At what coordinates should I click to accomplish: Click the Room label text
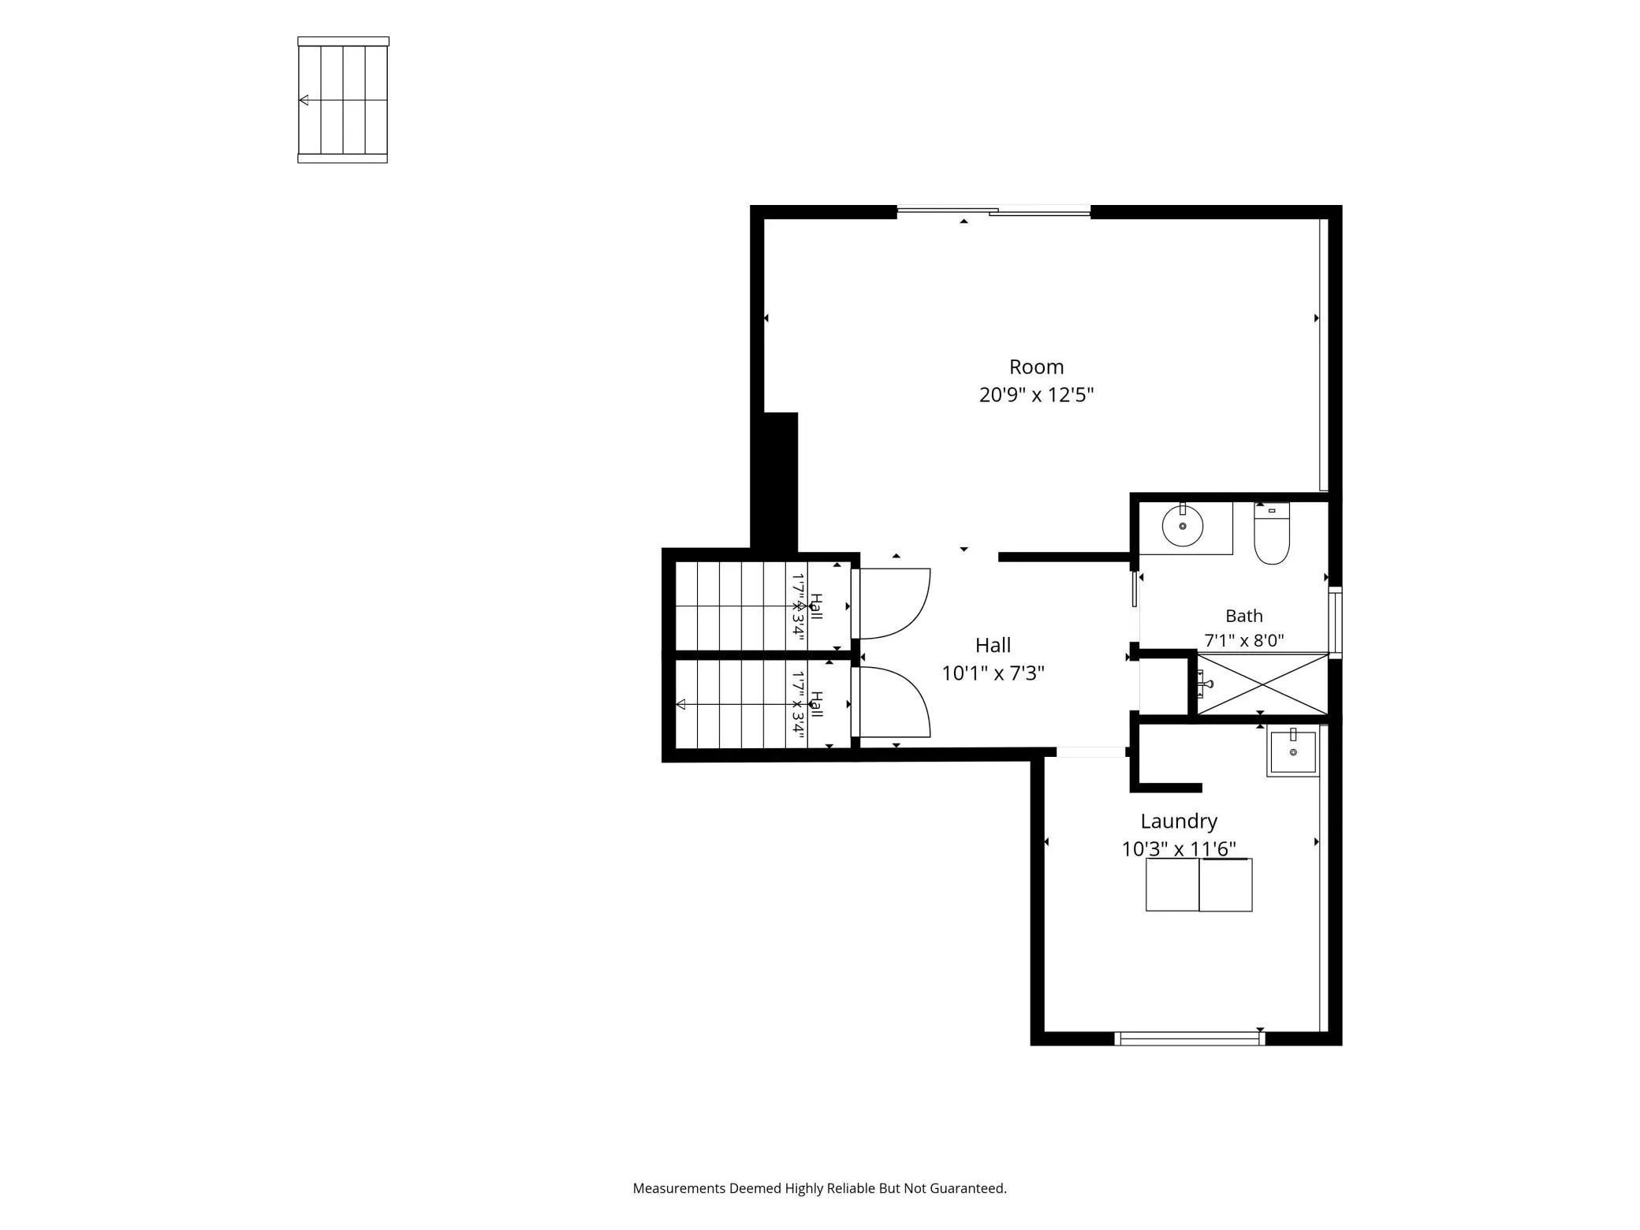tap(1036, 367)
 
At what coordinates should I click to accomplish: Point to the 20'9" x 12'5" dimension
tap(1036, 394)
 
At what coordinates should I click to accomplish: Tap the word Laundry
tap(1179, 822)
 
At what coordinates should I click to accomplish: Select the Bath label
tap(1243, 616)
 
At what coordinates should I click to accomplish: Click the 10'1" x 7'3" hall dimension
tap(993, 673)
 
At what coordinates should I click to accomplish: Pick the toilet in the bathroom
tap(1271, 534)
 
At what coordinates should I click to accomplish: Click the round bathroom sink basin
tap(1182, 525)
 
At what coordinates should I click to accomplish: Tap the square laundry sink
tap(1293, 752)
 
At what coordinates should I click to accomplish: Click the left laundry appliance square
tap(1172, 885)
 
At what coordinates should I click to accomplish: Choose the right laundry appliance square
tap(1225, 885)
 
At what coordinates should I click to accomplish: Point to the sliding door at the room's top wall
tap(993, 211)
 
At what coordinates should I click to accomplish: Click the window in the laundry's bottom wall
tap(1190, 1038)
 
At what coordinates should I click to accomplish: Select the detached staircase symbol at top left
tap(343, 100)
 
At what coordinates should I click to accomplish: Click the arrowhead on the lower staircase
tap(681, 704)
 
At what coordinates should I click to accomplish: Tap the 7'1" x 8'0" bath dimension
tap(1243, 640)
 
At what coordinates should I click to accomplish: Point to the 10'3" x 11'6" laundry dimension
tap(1179, 848)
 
